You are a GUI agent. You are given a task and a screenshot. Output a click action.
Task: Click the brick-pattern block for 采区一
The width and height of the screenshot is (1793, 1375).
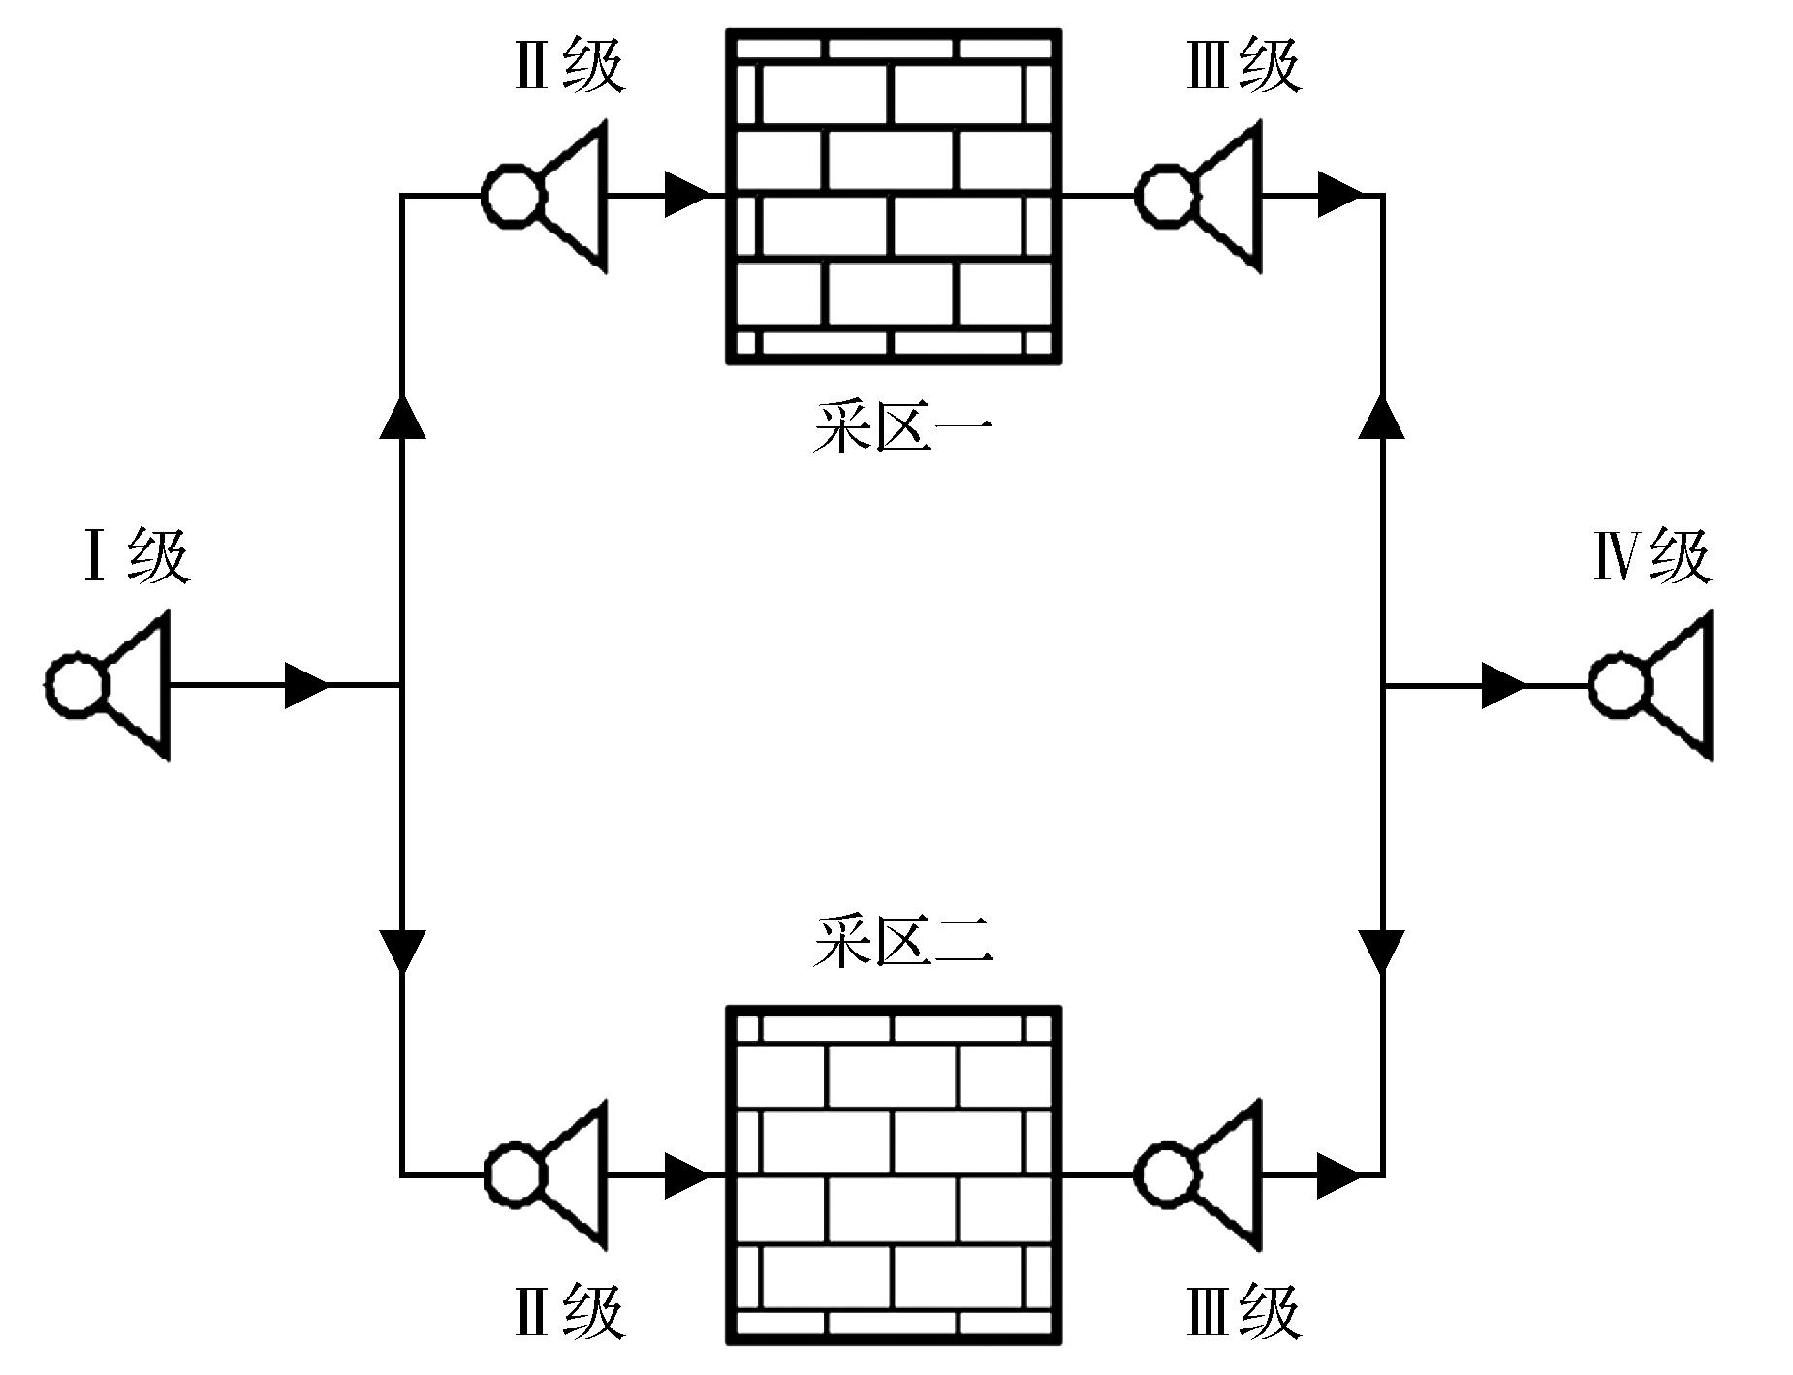pos(894,197)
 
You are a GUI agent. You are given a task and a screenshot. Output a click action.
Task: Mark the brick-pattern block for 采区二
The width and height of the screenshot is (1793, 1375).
pos(894,1174)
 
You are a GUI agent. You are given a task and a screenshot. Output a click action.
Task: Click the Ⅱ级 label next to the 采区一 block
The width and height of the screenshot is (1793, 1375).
pos(569,66)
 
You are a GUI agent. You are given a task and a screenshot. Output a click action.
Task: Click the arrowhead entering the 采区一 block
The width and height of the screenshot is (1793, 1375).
pos(687,196)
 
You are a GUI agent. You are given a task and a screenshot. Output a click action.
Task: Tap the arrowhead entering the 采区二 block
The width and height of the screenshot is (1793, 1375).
pos(687,1174)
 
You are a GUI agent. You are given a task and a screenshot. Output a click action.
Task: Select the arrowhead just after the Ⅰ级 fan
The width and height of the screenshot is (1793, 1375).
pos(306,685)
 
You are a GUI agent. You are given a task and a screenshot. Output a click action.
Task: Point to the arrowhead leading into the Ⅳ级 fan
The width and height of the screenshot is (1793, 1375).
pos(1503,685)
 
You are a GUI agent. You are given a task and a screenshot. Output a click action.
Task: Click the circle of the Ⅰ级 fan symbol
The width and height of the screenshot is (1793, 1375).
pos(76,685)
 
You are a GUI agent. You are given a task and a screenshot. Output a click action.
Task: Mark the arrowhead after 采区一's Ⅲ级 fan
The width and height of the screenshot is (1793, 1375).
pos(1340,196)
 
